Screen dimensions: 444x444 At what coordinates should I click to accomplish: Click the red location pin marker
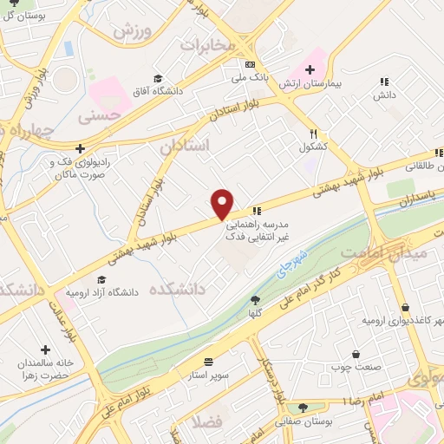[223, 203]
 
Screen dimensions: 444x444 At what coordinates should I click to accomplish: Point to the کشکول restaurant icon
[313, 134]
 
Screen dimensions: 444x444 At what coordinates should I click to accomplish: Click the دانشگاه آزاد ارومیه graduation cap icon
[102, 279]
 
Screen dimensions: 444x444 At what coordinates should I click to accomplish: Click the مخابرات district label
[207, 43]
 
